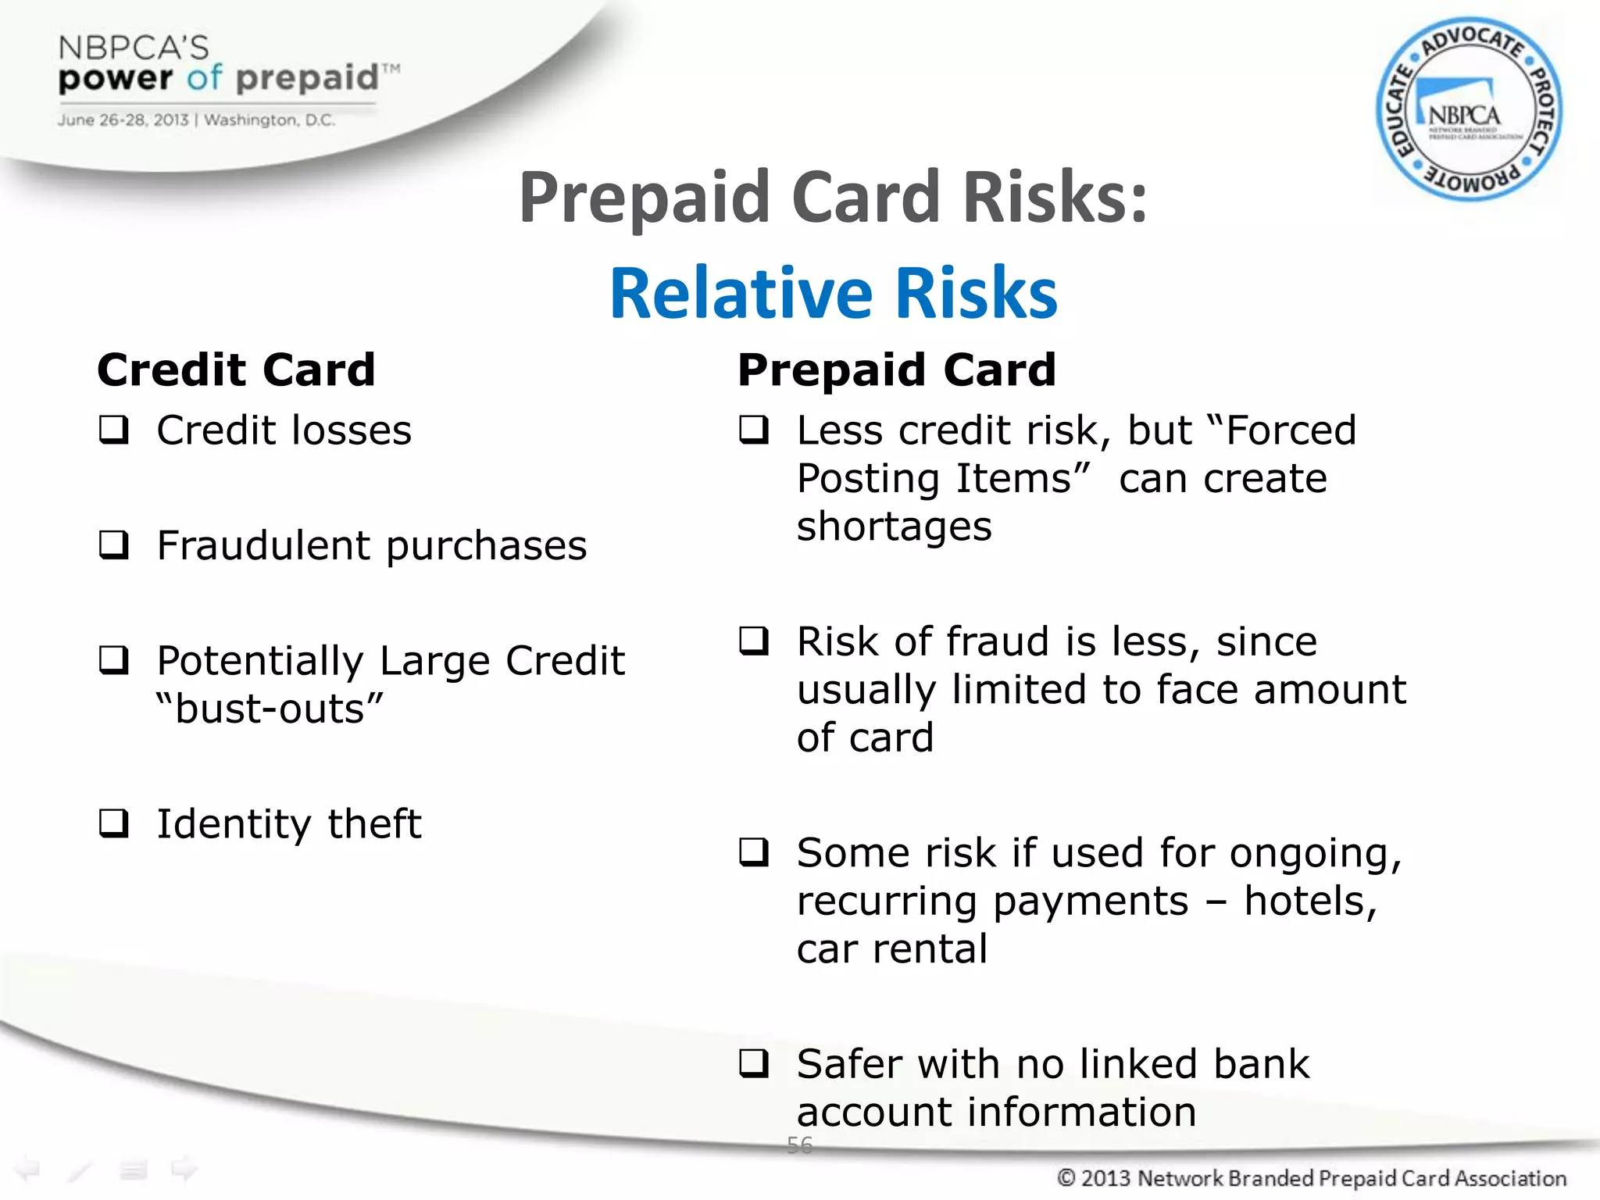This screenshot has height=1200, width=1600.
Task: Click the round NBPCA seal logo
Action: [1468, 109]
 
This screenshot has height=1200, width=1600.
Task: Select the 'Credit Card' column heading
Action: [236, 370]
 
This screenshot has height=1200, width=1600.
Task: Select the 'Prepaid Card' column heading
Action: [896, 370]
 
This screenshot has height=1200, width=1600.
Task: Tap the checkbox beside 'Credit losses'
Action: [114, 430]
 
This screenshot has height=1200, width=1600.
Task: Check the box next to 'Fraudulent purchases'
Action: [114, 545]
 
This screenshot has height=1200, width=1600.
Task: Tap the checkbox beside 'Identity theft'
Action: [114, 823]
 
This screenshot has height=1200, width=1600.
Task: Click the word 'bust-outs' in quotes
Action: [270, 709]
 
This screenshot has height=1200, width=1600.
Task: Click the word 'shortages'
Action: [894, 526]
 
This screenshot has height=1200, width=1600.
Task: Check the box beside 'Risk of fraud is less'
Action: [754, 641]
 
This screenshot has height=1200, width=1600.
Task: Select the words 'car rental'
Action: [891, 949]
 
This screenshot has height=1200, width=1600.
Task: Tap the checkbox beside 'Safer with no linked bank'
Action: [754, 1064]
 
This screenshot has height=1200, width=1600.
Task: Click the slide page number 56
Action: [799, 1145]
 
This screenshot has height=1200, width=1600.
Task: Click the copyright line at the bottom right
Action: [1311, 1178]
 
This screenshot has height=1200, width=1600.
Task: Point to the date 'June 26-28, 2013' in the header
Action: [123, 120]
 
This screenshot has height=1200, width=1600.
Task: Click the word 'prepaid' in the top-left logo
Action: [306, 77]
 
